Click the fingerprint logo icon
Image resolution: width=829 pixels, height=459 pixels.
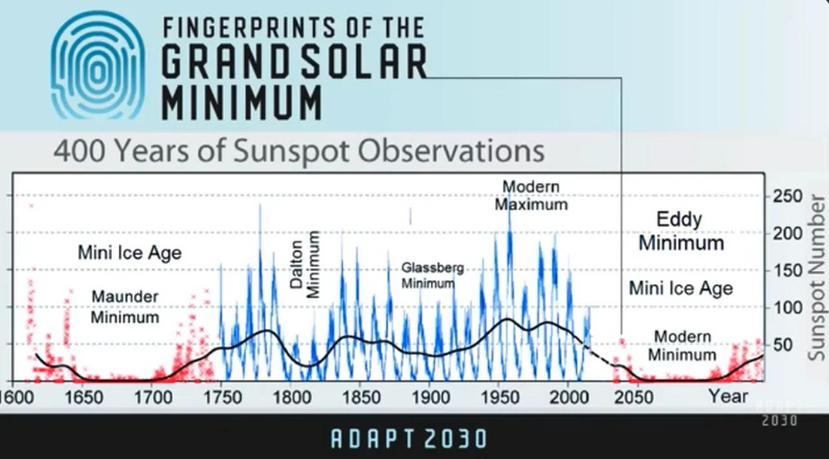click(x=97, y=65)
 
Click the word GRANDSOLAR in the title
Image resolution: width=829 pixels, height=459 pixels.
click(x=293, y=62)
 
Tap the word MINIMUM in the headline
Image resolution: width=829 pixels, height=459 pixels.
click(x=241, y=102)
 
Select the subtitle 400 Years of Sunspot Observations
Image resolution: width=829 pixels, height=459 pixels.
click(x=299, y=151)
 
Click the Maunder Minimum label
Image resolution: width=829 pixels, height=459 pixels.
click(x=124, y=307)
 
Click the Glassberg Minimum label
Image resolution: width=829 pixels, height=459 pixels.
click(x=432, y=275)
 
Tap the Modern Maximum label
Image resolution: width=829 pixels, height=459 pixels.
click(x=531, y=196)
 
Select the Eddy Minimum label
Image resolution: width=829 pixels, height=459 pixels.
click(x=680, y=231)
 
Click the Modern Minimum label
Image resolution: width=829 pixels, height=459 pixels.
click(x=681, y=346)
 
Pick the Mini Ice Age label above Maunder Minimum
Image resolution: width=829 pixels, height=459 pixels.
click(x=130, y=252)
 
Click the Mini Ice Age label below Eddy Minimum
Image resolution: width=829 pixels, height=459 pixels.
click(x=681, y=287)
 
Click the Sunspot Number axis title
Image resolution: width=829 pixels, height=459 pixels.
click(x=817, y=278)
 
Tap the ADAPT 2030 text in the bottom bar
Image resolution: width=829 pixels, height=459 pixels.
click(x=409, y=439)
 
